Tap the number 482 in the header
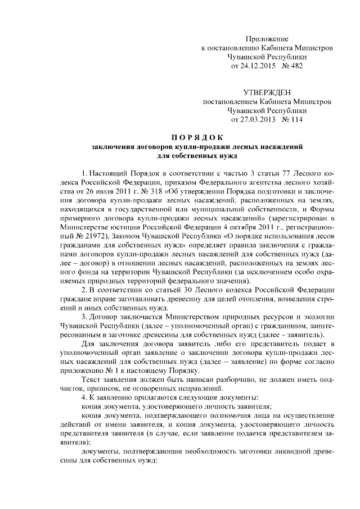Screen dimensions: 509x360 pos(295,66)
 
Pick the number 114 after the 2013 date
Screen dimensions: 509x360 pos(295,119)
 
